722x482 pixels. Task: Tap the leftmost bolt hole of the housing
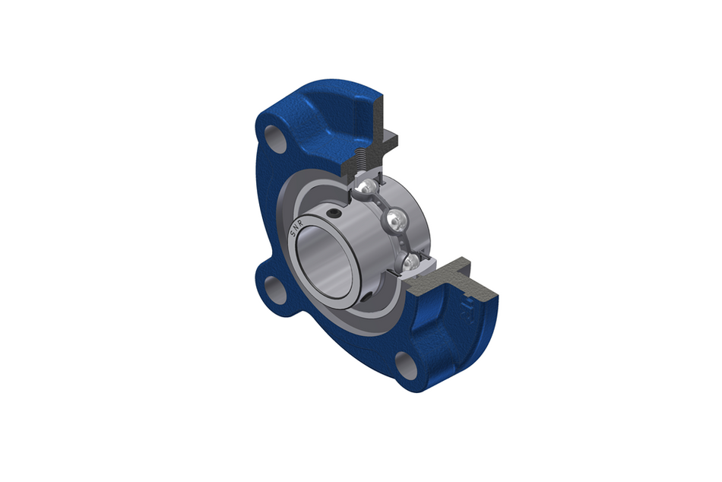point(272,287)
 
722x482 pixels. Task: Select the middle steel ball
point(395,221)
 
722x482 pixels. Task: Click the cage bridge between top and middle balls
point(382,204)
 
